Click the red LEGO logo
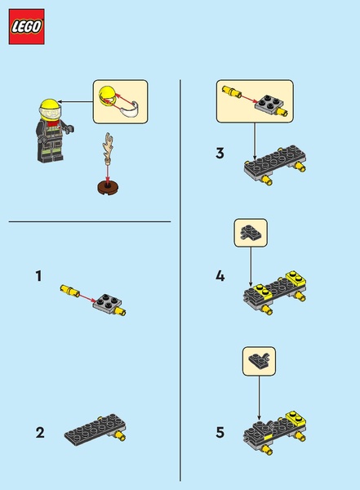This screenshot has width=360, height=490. click(27, 27)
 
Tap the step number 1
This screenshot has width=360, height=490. click(38, 276)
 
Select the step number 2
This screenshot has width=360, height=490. click(40, 433)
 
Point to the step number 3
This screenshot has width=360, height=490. click(220, 154)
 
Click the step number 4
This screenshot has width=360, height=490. click(220, 276)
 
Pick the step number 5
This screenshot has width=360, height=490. click(220, 433)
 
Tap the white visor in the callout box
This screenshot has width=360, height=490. click(130, 109)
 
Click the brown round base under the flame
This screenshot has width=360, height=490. click(108, 188)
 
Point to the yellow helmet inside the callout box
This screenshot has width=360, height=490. click(107, 96)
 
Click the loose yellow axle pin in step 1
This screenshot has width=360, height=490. click(70, 289)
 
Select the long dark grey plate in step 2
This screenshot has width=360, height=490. click(95, 429)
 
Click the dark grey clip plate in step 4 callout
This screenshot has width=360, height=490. click(251, 233)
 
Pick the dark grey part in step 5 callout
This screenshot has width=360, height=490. click(260, 360)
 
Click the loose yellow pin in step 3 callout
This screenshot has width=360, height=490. click(232, 91)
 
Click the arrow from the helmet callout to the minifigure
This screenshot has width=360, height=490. click(75, 101)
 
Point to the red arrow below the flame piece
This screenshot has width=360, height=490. click(108, 173)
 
